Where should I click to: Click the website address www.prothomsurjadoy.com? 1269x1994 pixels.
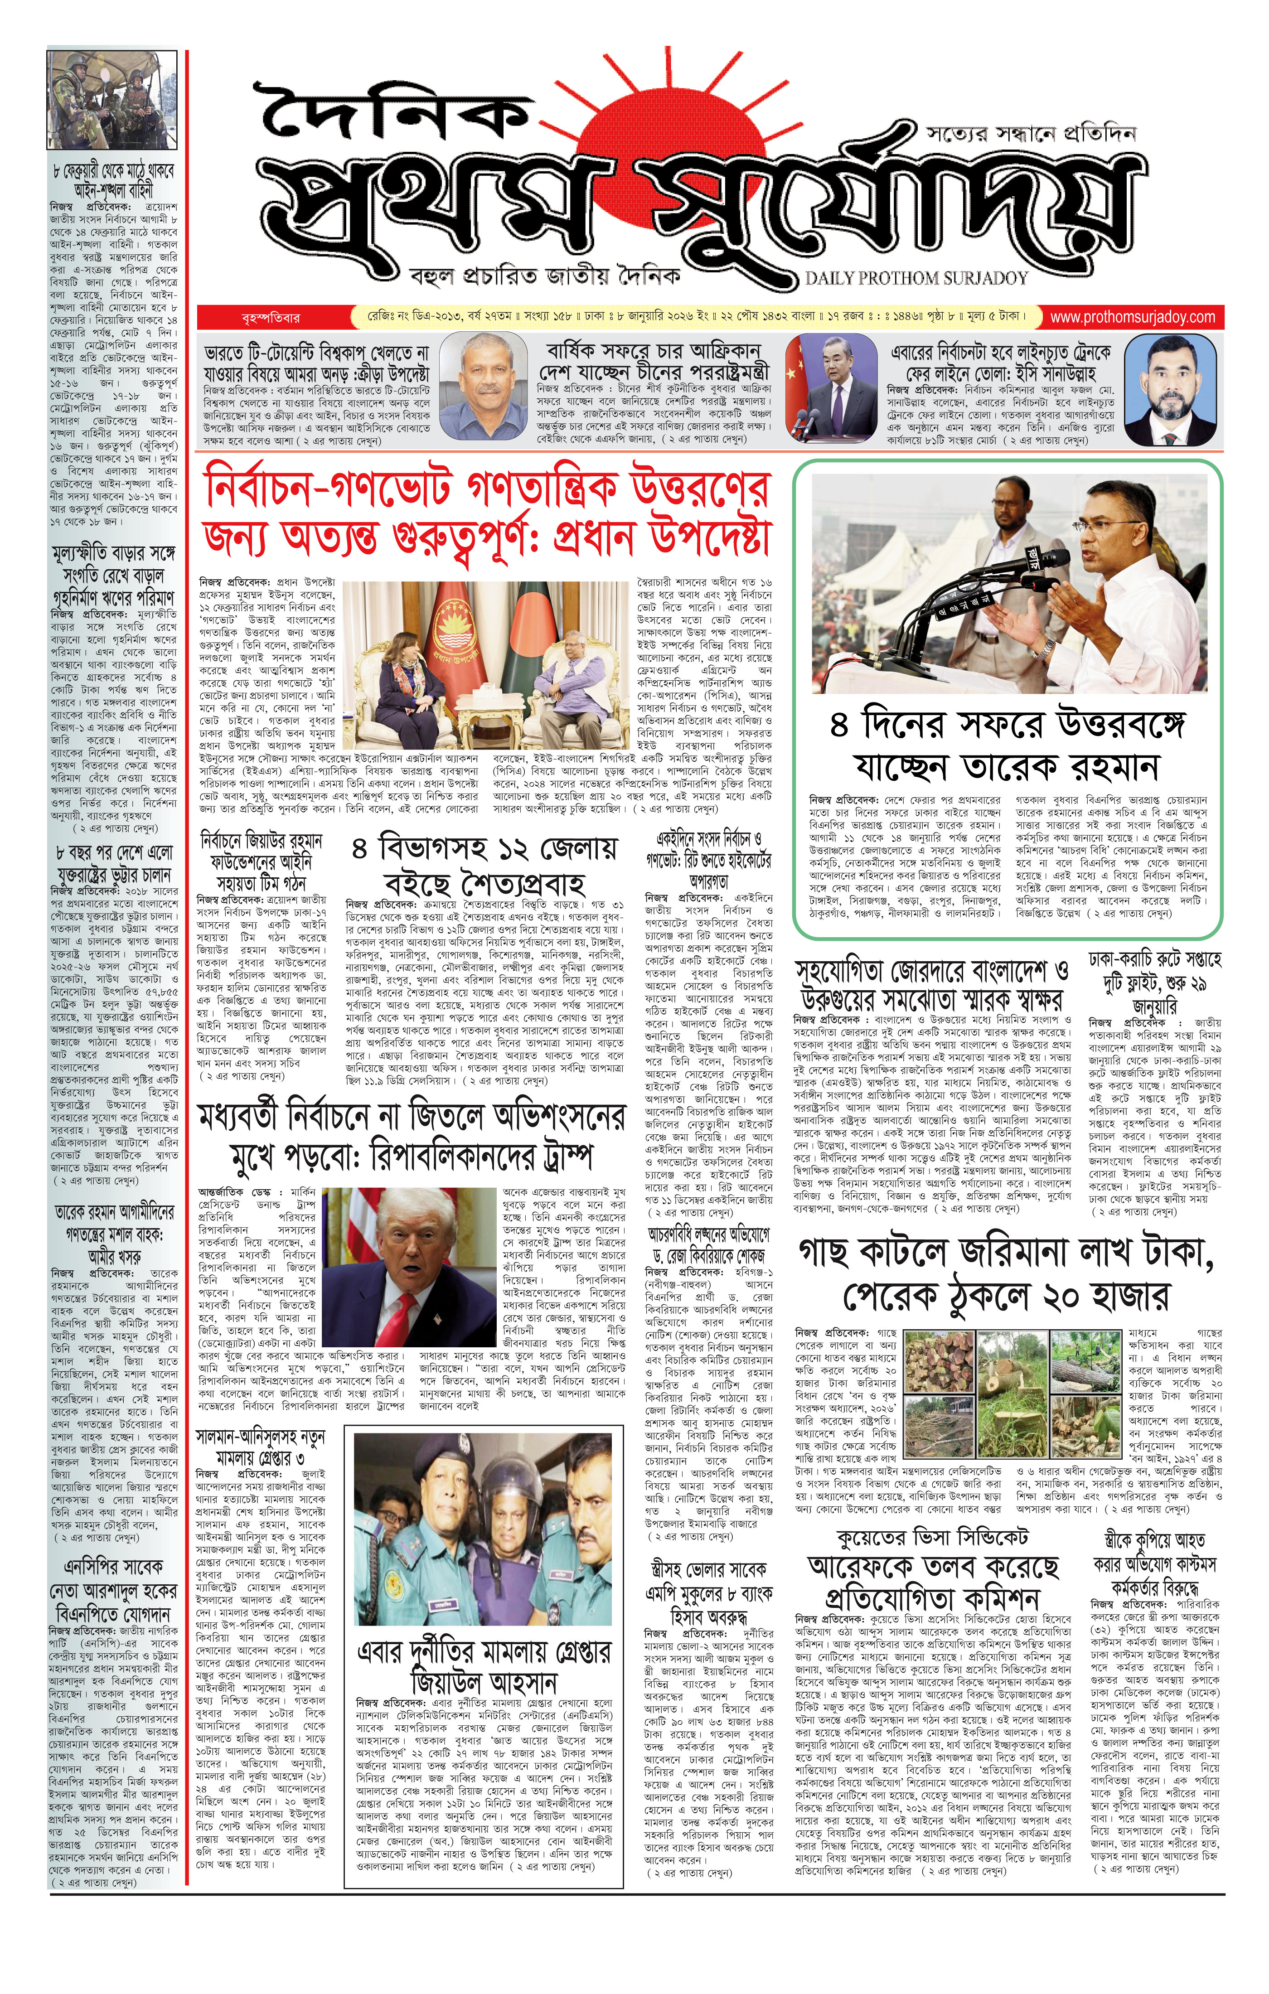tap(1132, 317)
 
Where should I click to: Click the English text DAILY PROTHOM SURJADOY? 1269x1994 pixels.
tap(916, 278)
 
